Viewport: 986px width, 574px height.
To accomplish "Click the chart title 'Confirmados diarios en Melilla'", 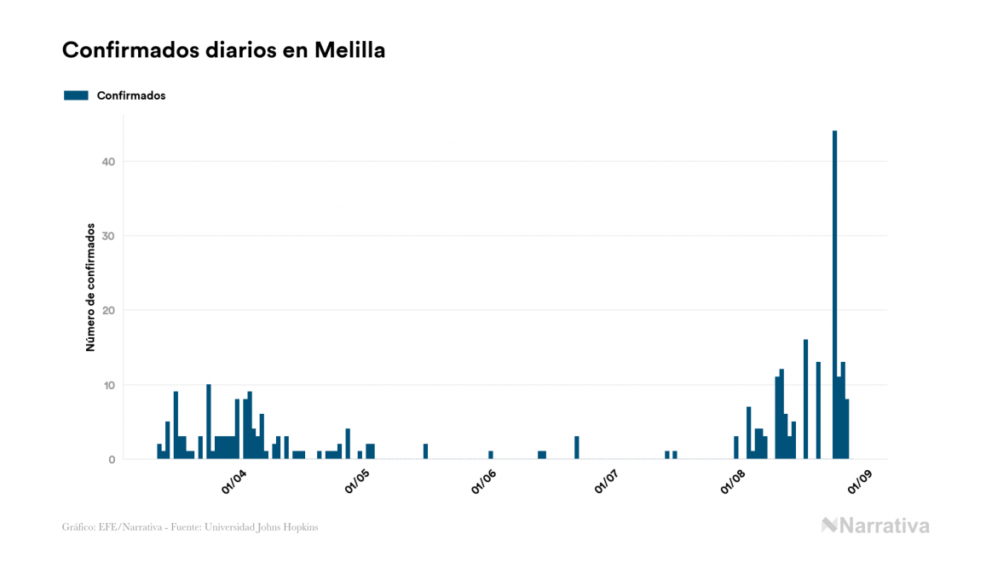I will point(223,50).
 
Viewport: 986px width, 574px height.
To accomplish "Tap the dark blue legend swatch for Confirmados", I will point(76,95).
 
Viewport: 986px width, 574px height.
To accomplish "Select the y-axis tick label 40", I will point(108,162).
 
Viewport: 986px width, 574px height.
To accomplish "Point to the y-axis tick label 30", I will point(108,236).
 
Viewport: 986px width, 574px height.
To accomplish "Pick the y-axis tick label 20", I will point(108,311).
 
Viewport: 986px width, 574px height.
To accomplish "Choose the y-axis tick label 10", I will point(108,385).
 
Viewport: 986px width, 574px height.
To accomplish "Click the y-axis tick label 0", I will point(112,460).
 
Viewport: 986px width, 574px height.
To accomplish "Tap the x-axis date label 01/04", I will point(234,481).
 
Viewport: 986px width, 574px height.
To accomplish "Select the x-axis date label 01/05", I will point(358,481).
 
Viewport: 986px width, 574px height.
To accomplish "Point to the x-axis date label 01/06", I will point(483,481).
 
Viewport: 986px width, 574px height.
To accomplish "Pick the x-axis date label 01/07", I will point(607,481).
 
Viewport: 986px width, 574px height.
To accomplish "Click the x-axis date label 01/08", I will point(733,481).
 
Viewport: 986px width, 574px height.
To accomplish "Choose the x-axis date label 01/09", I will point(858,481).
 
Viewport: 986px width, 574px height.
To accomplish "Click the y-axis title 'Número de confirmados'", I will point(89,288).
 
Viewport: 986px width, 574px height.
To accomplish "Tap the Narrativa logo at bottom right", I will point(875,525).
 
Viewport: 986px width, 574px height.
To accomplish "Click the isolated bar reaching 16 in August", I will point(805,400).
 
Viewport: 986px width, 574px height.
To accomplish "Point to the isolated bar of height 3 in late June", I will point(577,448).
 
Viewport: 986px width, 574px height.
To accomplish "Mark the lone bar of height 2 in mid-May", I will point(425,451).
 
